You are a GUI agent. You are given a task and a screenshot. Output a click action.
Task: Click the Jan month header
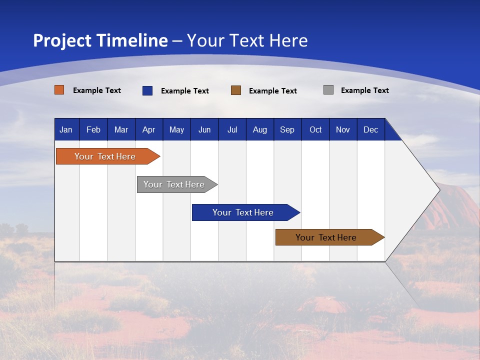[x=66, y=130]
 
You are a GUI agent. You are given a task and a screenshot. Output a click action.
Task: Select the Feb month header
[x=93, y=130]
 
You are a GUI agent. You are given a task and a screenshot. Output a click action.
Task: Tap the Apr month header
[x=148, y=130]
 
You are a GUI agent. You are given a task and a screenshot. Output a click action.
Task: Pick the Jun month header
[x=204, y=130]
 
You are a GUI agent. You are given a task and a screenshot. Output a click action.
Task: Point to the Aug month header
[x=259, y=130]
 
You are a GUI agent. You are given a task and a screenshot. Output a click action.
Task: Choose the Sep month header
[x=287, y=130]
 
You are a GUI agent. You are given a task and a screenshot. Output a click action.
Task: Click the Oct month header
[x=315, y=130]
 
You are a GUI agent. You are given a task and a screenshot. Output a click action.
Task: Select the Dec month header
[x=370, y=130]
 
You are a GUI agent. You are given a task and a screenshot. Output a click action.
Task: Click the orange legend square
[x=59, y=90]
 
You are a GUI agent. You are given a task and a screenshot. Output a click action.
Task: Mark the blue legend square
[x=147, y=90]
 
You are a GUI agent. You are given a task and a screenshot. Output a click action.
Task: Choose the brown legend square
[x=236, y=90]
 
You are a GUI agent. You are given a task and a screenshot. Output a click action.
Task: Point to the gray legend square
[x=328, y=90]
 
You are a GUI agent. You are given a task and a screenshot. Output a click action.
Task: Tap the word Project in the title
[x=61, y=40]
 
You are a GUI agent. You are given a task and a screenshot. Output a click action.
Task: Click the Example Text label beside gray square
[x=364, y=90]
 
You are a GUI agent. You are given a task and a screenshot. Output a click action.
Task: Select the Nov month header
[x=343, y=130]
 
